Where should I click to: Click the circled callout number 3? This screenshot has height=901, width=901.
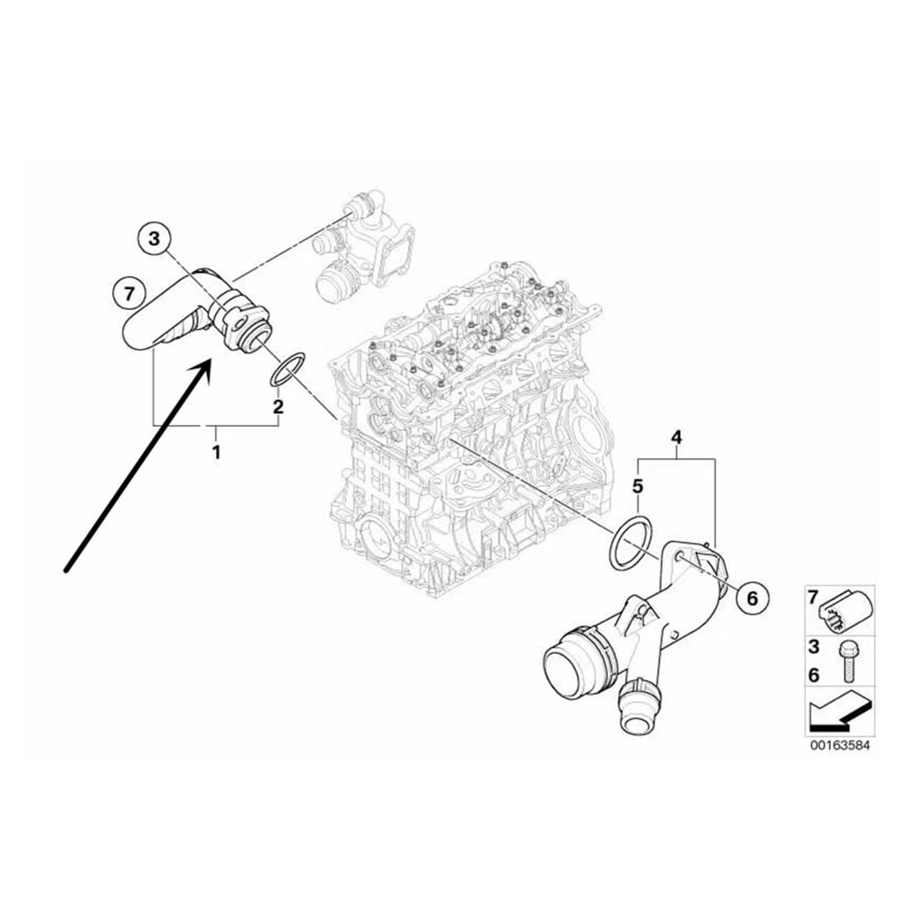154,239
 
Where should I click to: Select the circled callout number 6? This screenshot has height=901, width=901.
752,598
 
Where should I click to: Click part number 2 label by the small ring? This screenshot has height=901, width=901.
278,406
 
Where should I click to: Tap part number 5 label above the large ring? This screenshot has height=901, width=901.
637,485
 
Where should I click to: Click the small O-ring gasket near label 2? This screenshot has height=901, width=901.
288,369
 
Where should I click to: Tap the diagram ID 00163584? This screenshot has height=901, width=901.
840,746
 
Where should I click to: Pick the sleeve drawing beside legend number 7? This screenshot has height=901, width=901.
846,610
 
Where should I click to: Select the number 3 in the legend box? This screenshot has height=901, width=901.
814,647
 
